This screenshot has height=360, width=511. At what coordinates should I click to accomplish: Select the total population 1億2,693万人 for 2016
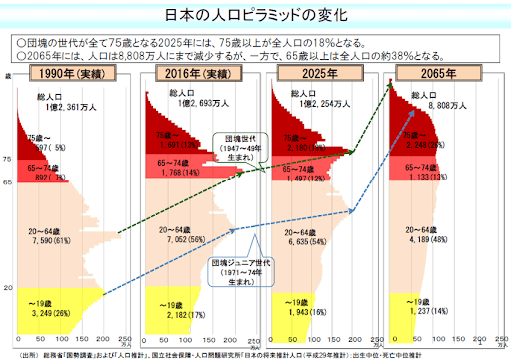(184, 104)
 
